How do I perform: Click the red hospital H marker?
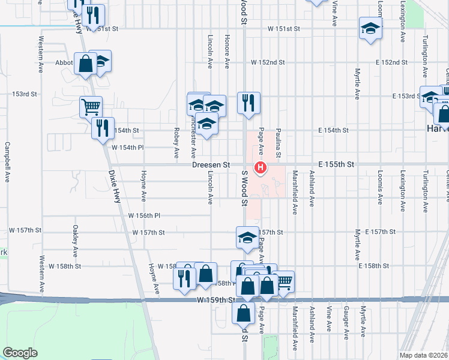click(x=261, y=167)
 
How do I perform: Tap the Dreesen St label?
click(x=211, y=164)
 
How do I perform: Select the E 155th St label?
click(x=337, y=164)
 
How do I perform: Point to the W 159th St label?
click(x=214, y=300)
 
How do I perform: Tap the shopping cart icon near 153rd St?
click(x=91, y=107)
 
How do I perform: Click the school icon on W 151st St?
click(x=370, y=28)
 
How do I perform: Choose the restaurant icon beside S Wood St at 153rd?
click(x=248, y=103)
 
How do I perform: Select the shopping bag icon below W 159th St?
click(x=243, y=313)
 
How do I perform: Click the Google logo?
click(x=20, y=352)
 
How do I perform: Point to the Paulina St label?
click(x=279, y=142)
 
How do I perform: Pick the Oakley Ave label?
click(x=76, y=241)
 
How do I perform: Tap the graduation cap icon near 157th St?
click(x=247, y=238)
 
